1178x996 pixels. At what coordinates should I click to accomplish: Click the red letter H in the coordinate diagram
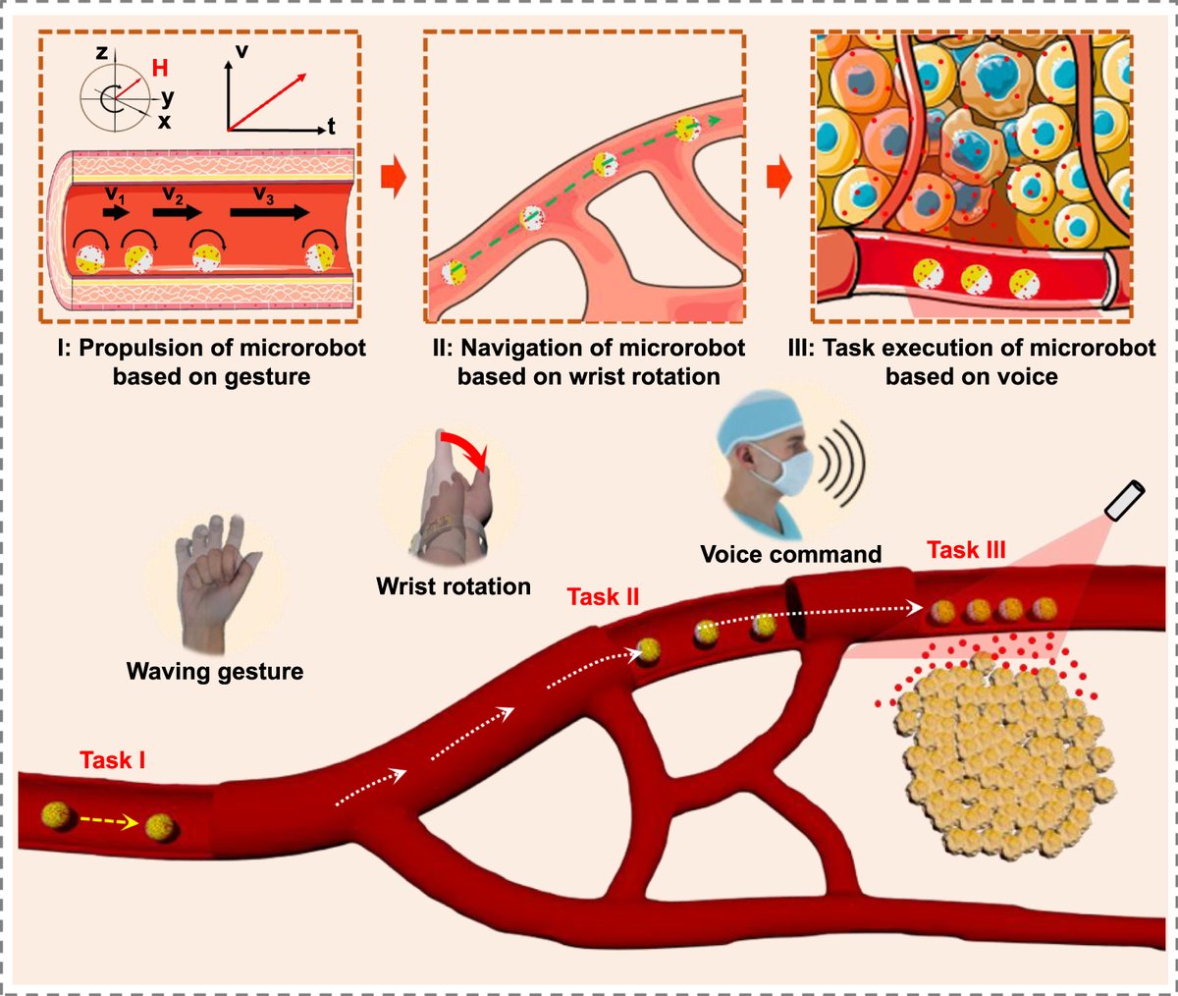pos(158,67)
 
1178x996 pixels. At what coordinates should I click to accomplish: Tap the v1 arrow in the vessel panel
pos(115,212)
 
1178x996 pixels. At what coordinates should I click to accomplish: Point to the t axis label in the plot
pos(332,127)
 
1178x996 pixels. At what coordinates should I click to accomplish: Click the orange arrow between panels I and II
pos(393,182)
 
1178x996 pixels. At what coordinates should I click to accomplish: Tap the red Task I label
pos(113,760)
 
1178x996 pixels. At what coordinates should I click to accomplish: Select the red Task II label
pos(603,596)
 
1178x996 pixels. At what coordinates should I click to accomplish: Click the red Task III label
pos(966,550)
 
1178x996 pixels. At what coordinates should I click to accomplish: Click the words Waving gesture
pos(215,672)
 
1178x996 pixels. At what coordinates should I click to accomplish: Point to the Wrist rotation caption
pos(454,587)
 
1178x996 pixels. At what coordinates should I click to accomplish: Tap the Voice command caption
pos(790,554)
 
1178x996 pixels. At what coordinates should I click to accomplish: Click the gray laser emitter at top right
pos(1124,500)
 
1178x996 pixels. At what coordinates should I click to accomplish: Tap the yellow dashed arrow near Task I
pos(109,822)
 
